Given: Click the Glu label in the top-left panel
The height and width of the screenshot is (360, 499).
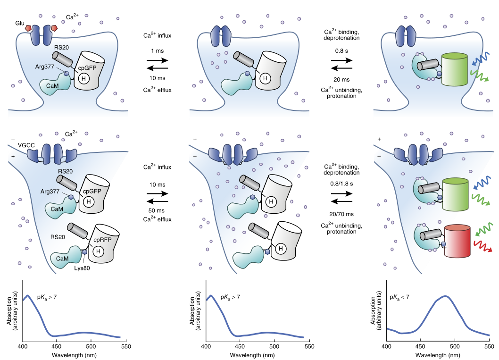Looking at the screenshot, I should point(19,22).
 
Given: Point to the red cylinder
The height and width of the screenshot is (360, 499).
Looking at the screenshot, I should point(457,241).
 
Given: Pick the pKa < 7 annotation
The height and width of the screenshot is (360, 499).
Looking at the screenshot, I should point(400,297).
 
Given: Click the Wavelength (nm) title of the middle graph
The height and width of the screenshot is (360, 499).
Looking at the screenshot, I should point(257,355).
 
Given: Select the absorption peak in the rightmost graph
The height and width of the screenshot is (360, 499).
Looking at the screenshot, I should point(445,296).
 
